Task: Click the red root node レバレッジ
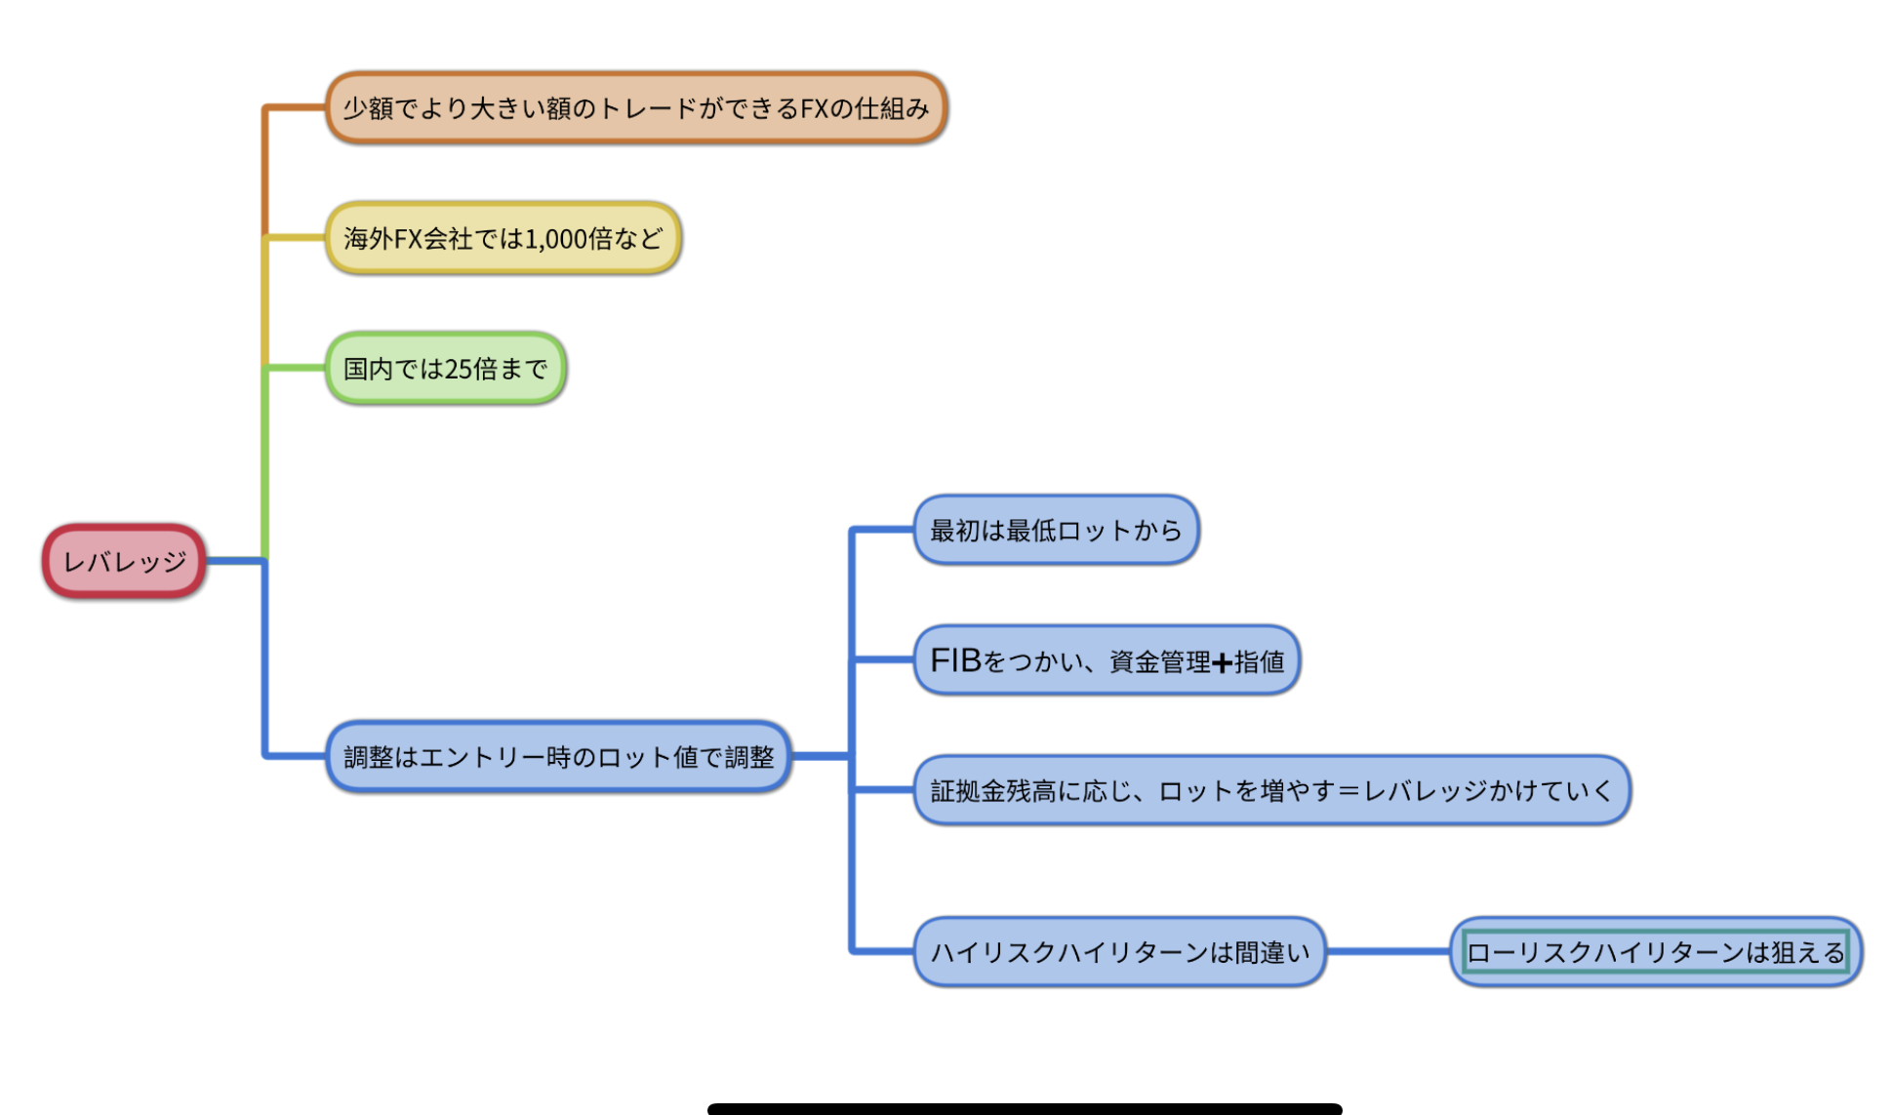click(x=124, y=561)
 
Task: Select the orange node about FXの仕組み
click(x=635, y=107)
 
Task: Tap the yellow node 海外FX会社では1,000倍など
click(x=503, y=238)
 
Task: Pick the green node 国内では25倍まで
click(x=445, y=369)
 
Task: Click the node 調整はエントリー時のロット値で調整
click(x=558, y=757)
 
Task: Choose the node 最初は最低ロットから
click(x=1056, y=530)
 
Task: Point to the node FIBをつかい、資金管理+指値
click(x=1107, y=660)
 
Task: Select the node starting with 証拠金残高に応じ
click(x=1271, y=790)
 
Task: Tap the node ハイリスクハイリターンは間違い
click(x=1119, y=952)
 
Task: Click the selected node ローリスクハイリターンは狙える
click(x=1656, y=952)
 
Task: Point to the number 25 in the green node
click(x=458, y=370)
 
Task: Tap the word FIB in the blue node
click(x=955, y=660)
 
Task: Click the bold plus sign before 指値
click(x=1222, y=663)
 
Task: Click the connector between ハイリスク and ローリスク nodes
click(x=1388, y=952)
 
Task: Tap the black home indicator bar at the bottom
click(x=1025, y=1108)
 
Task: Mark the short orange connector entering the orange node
click(x=295, y=107)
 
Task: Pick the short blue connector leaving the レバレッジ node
click(x=234, y=561)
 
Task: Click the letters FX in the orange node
click(x=814, y=108)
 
